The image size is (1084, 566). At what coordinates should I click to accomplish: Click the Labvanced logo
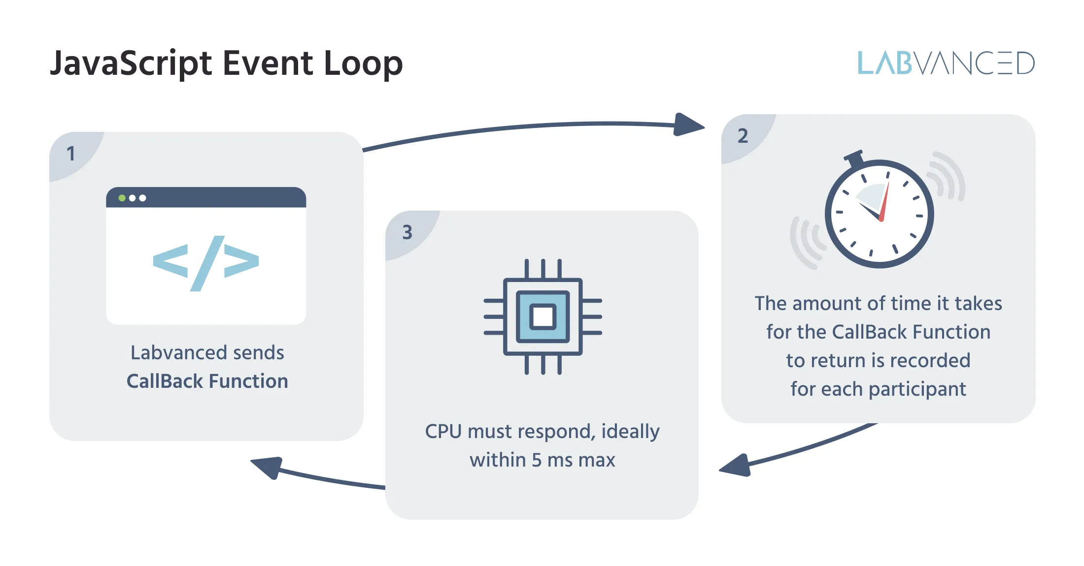[x=946, y=63]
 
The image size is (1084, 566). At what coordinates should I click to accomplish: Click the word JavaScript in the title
[x=131, y=64]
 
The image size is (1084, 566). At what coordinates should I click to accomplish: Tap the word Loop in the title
[x=363, y=64]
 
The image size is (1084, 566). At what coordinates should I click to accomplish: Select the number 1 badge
[x=71, y=154]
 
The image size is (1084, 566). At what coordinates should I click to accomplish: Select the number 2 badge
[x=743, y=136]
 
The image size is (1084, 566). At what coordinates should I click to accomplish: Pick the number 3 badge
[x=407, y=232]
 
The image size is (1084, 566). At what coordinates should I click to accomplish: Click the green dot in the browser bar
[x=122, y=198]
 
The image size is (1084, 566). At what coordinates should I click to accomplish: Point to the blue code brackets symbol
[x=206, y=263]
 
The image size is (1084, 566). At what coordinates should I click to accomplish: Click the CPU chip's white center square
[x=542, y=316]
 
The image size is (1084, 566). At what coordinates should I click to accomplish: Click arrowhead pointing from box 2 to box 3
[x=736, y=466]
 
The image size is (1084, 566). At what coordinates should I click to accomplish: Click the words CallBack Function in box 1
[x=207, y=381]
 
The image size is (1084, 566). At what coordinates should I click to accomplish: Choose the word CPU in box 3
[x=443, y=432]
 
